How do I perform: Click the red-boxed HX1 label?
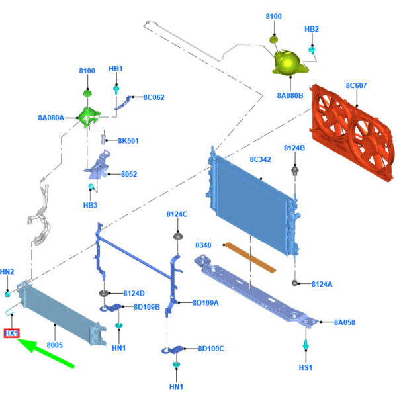[x=12, y=333]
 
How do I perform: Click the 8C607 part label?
[x=356, y=85]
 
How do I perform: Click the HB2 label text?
[x=312, y=30]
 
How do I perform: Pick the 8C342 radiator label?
[x=260, y=160]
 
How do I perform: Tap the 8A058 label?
[x=345, y=322]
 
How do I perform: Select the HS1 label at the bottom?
[x=306, y=367]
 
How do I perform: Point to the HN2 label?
[x=7, y=272]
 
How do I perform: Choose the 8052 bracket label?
[x=128, y=175]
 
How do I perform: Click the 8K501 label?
[x=128, y=141]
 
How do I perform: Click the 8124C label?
[x=177, y=214]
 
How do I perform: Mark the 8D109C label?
[x=211, y=349]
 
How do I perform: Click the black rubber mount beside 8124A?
[x=295, y=283]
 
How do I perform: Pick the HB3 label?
[x=90, y=205]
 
